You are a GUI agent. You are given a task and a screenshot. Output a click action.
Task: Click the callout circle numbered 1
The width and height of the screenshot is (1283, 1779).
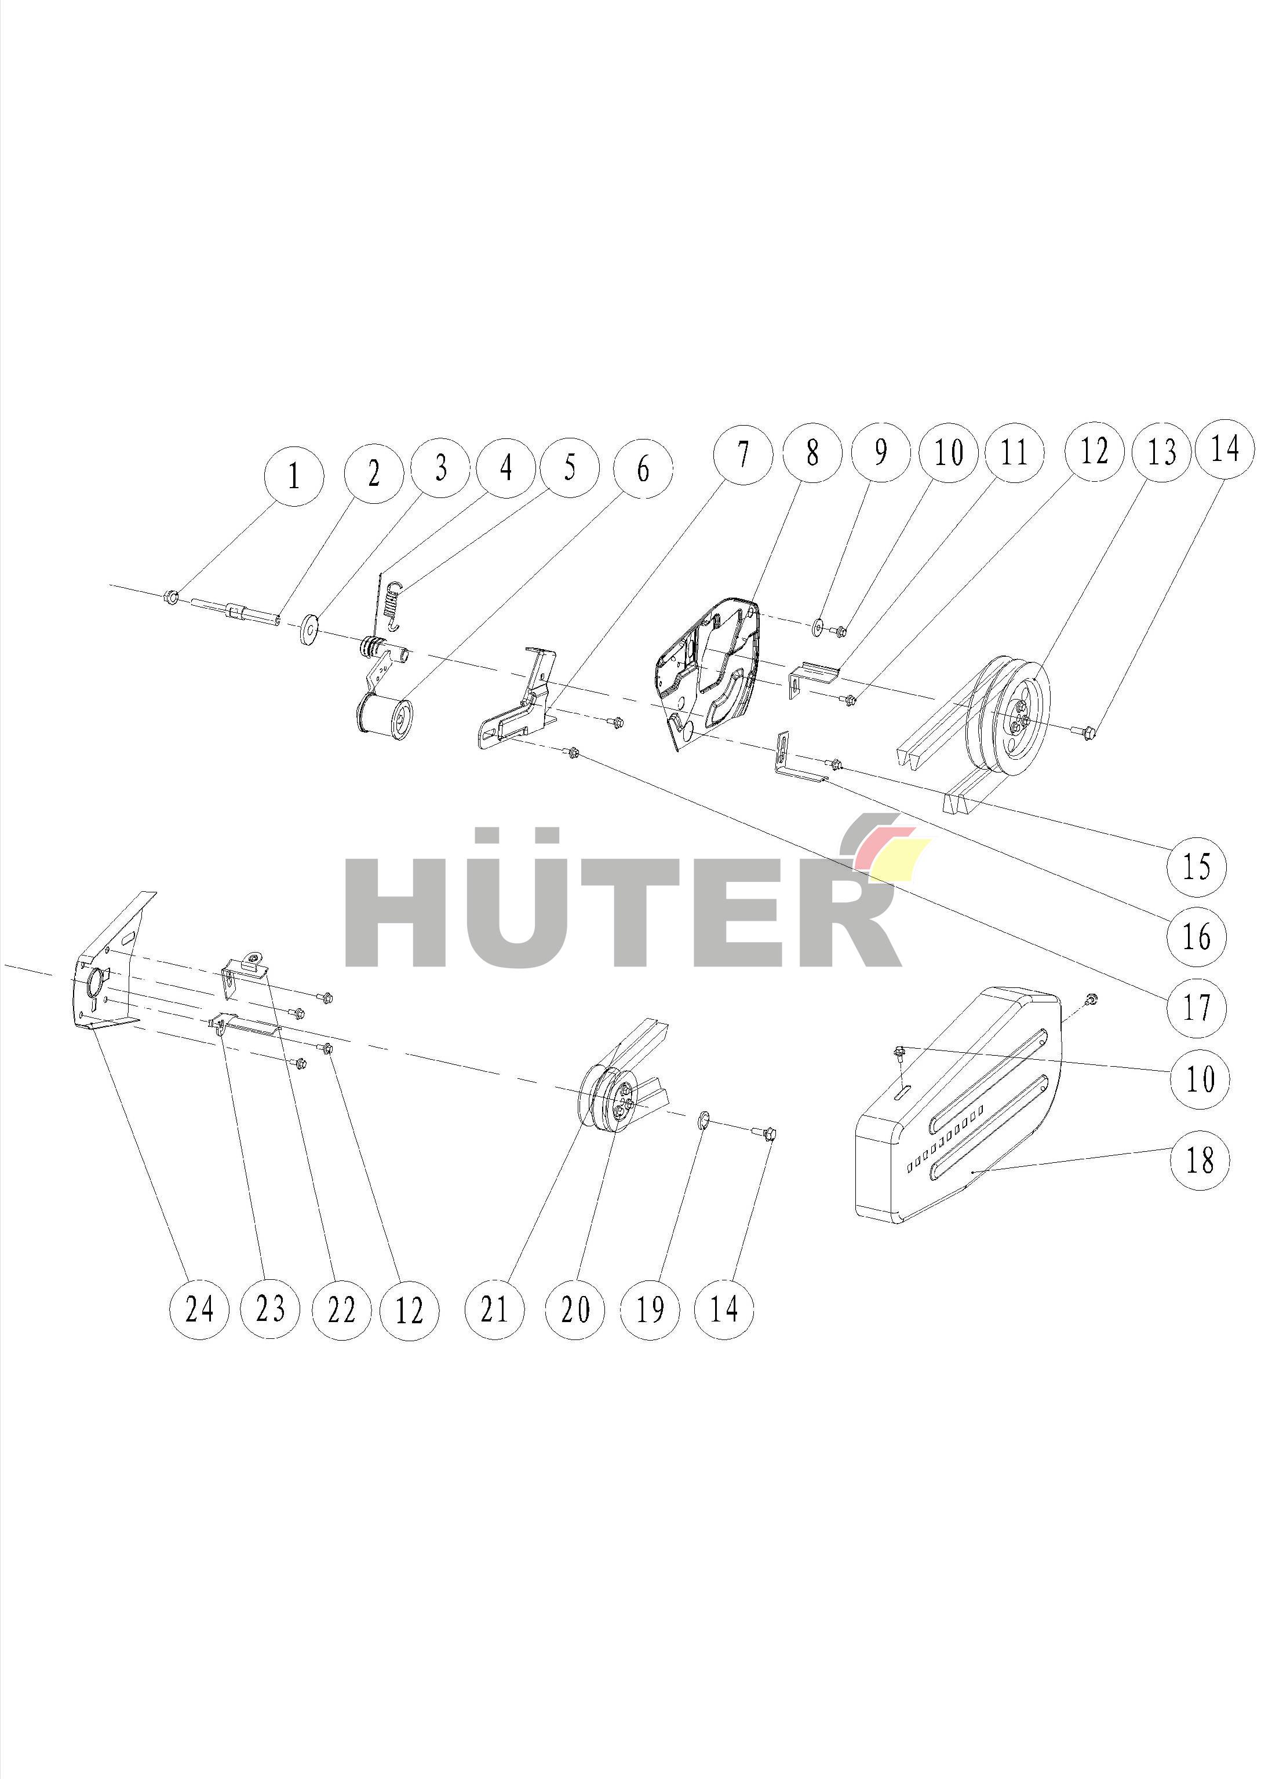pos(294,476)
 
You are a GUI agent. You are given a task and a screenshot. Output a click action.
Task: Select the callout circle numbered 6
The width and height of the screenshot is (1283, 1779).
pos(643,470)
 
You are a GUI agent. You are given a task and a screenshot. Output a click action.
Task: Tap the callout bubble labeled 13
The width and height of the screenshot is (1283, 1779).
pos(1161,453)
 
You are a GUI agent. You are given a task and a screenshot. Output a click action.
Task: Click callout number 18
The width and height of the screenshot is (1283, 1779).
pos(1198,1159)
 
